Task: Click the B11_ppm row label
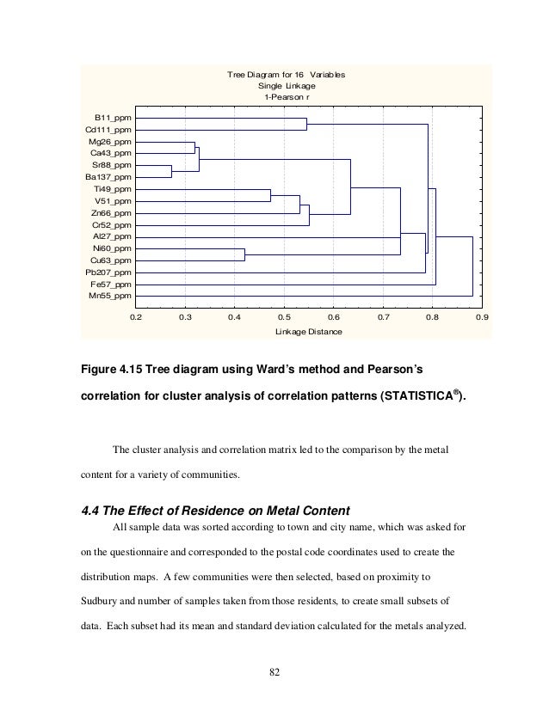[x=112, y=117]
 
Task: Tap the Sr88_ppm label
[x=112, y=164]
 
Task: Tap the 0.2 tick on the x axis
[x=135, y=317]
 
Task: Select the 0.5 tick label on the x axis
[x=284, y=317]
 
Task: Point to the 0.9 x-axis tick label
[x=482, y=317]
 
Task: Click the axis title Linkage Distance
[x=308, y=332]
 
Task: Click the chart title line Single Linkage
[x=287, y=86]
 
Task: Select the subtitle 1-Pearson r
[x=287, y=97]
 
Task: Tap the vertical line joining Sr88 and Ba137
[x=171, y=170]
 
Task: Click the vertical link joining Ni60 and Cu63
[x=244, y=254]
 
